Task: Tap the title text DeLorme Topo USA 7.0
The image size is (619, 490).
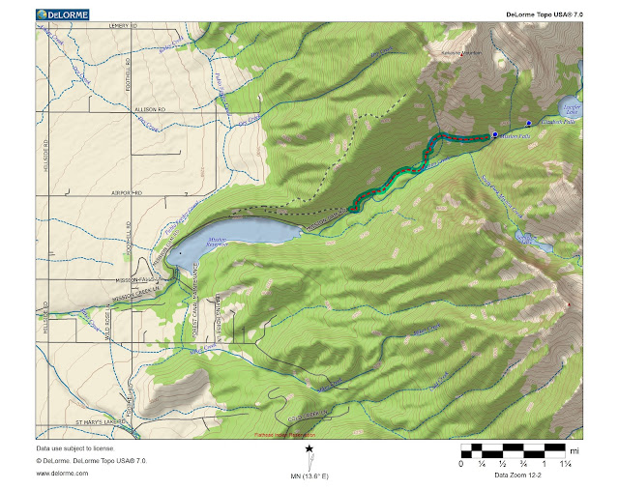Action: pos(544,14)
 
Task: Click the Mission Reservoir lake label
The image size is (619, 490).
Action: pos(217,237)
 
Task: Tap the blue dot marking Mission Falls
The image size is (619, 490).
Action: pos(494,135)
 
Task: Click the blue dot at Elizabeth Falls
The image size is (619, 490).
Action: pos(529,123)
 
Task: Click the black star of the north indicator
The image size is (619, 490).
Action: pos(309,448)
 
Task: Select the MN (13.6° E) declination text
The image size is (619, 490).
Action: pos(309,476)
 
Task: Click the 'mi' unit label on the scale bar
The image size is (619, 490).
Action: pos(574,450)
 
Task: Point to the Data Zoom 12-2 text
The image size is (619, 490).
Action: pos(520,476)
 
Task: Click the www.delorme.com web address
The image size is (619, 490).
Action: pos(58,474)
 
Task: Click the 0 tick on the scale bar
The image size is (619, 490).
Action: pos(460,465)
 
